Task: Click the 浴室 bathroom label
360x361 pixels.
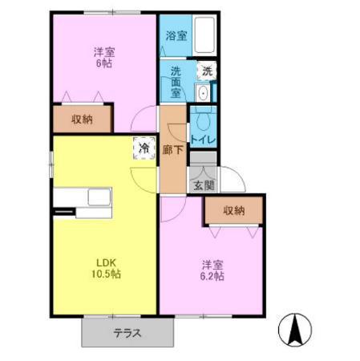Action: pyautogui.click(x=176, y=36)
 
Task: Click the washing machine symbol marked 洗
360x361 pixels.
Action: pyautogui.click(x=207, y=71)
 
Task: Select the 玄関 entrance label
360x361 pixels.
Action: pyautogui.click(x=204, y=185)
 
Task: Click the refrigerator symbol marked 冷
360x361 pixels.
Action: pyautogui.click(x=144, y=148)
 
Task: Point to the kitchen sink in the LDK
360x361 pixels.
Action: pyautogui.click(x=99, y=197)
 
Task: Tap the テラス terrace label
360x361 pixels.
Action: pyautogui.click(x=127, y=332)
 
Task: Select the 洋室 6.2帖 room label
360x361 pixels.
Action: pyautogui.click(x=212, y=270)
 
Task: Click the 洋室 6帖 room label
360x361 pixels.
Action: pyautogui.click(x=103, y=58)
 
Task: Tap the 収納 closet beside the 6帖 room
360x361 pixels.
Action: pyautogui.click(x=82, y=120)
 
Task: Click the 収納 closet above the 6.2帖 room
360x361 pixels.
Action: pyautogui.click(x=233, y=211)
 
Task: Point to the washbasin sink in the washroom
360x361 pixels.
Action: pyautogui.click(x=202, y=93)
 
